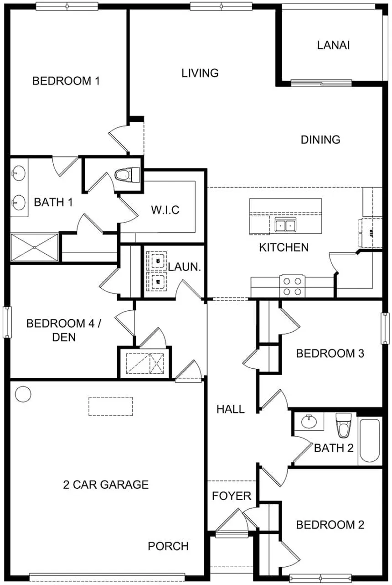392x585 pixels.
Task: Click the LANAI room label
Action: (x=333, y=45)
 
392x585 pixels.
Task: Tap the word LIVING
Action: (x=200, y=73)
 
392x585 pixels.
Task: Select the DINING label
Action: (x=320, y=140)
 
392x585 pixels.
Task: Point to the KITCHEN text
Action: (x=284, y=247)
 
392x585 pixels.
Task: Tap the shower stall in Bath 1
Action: (x=35, y=248)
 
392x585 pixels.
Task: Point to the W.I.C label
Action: (x=165, y=210)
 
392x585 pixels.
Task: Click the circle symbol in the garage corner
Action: (x=22, y=394)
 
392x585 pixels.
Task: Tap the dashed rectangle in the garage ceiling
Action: (x=110, y=406)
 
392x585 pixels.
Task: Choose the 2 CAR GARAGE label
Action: (x=105, y=484)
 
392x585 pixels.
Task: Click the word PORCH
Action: (x=168, y=546)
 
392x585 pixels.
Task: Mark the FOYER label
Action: (x=231, y=496)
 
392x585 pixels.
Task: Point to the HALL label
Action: (x=230, y=409)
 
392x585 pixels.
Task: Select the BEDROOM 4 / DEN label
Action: (x=63, y=331)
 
